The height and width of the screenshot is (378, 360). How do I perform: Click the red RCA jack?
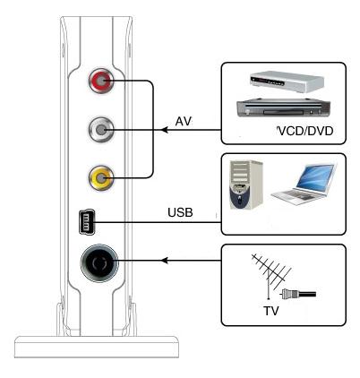click(x=101, y=81)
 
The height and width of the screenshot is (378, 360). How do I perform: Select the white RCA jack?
click(x=101, y=130)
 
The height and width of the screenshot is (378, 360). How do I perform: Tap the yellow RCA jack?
click(x=101, y=178)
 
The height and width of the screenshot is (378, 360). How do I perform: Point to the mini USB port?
click(x=87, y=222)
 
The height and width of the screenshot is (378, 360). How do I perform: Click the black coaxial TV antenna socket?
click(x=99, y=262)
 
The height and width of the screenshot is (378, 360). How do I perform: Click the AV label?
click(x=183, y=122)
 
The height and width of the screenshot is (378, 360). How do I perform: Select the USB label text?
click(x=180, y=212)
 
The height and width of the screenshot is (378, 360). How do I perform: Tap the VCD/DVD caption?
click(x=304, y=131)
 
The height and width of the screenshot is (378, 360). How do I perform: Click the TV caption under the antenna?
click(x=271, y=311)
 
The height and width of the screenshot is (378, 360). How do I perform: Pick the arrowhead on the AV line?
click(x=165, y=130)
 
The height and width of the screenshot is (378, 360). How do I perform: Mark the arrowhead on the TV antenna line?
click(x=165, y=261)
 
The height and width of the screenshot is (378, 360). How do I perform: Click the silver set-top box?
click(x=287, y=82)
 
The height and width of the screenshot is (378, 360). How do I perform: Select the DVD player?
click(x=283, y=108)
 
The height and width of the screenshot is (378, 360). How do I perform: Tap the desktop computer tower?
click(x=246, y=185)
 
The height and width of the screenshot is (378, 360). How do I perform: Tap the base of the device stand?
click(x=97, y=347)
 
